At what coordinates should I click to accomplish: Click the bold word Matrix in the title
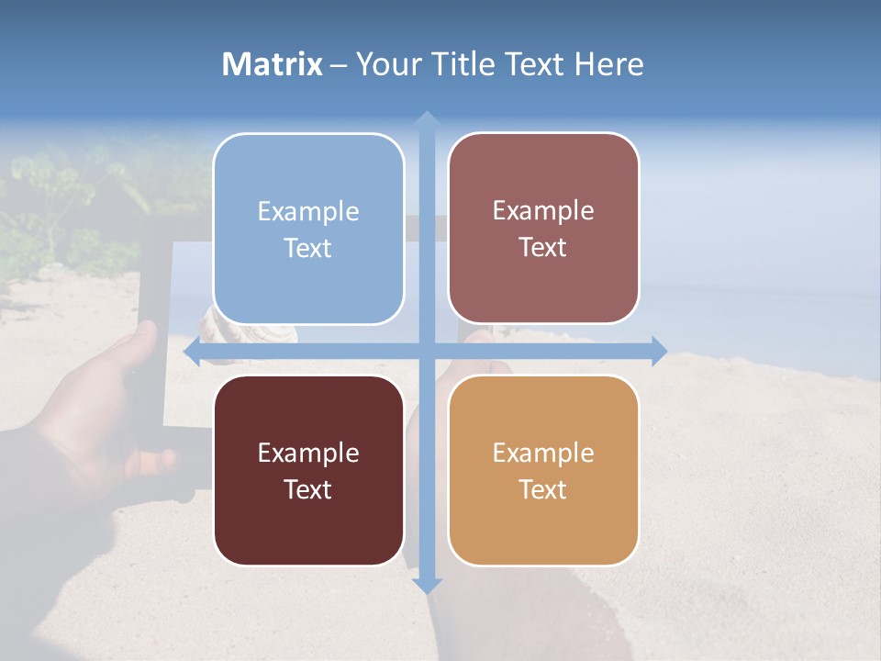(x=272, y=64)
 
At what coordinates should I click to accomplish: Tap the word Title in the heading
(x=463, y=64)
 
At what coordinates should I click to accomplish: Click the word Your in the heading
(x=389, y=64)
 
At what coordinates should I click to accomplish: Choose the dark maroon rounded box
(x=308, y=523)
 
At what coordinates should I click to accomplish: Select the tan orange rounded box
(x=543, y=523)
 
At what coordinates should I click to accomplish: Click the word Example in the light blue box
(x=308, y=212)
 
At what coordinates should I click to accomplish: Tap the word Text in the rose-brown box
(x=543, y=248)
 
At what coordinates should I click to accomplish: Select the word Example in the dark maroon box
(x=308, y=453)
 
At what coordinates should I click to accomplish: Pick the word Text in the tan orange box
(x=543, y=489)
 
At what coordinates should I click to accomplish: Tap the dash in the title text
(x=339, y=65)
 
